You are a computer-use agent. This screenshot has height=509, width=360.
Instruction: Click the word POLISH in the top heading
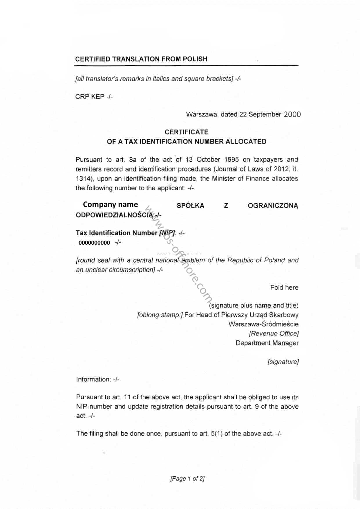click(195, 59)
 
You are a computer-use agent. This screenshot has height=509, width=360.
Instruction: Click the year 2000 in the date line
click(292, 114)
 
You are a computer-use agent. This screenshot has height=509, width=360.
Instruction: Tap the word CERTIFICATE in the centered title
click(187, 132)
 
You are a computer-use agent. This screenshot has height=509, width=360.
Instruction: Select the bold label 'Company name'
click(110, 204)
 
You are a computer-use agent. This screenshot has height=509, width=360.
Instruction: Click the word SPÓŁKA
click(190, 206)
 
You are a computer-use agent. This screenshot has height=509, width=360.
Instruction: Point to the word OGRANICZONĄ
click(273, 206)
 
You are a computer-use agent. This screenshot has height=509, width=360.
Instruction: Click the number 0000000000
click(94, 243)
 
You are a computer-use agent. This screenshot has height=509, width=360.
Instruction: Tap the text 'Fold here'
click(284, 288)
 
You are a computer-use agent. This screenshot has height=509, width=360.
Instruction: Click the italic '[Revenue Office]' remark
click(274, 334)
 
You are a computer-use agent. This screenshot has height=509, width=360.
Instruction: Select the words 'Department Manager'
click(267, 343)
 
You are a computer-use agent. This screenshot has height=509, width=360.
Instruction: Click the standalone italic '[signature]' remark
click(283, 362)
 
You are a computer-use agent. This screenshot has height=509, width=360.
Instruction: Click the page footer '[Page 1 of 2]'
click(187, 479)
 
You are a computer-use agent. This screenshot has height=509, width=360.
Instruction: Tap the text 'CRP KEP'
click(90, 97)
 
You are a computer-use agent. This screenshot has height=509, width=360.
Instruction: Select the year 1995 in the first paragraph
click(231, 160)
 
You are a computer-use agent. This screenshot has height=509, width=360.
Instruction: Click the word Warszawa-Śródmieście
click(263, 324)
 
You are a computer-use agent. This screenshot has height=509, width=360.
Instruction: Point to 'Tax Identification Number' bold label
click(116, 233)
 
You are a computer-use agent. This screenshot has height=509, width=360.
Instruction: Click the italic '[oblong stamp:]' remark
click(160, 315)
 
